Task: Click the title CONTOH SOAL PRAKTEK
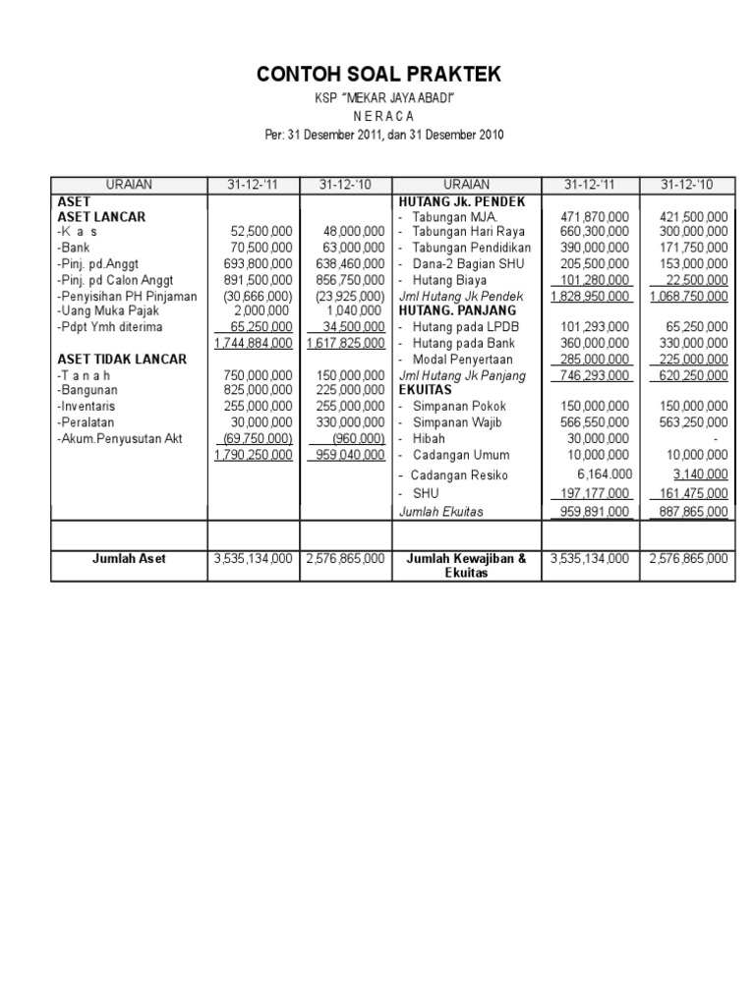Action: [x=377, y=75]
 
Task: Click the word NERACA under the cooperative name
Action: [x=377, y=117]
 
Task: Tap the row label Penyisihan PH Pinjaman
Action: [x=128, y=295]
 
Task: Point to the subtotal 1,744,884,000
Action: [x=254, y=343]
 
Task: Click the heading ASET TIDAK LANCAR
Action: [x=122, y=359]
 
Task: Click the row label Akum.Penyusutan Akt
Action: [x=120, y=438]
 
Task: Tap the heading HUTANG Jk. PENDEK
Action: [x=455, y=200]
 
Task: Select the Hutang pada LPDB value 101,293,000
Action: [x=592, y=327]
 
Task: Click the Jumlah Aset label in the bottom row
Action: [x=129, y=558]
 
